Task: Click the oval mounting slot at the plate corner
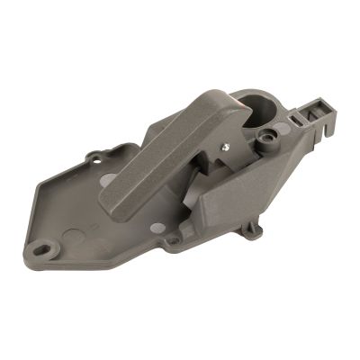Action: (x=41, y=242)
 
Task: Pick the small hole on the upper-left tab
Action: (x=96, y=160)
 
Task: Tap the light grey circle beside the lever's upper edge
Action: (x=107, y=180)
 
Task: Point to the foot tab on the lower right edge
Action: (x=254, y=230)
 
